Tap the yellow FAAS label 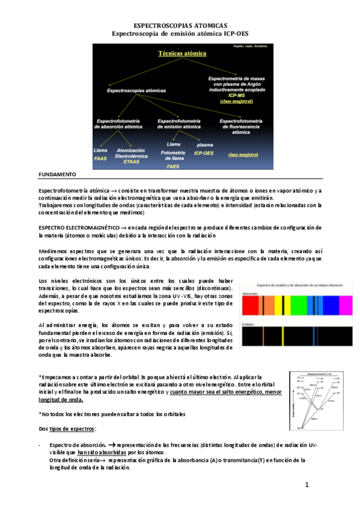(x=100, y=159)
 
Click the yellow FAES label (x=173, y=165)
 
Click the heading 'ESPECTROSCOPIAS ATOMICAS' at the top (x=180, y=28)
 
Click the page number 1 (x=306, y=485)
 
